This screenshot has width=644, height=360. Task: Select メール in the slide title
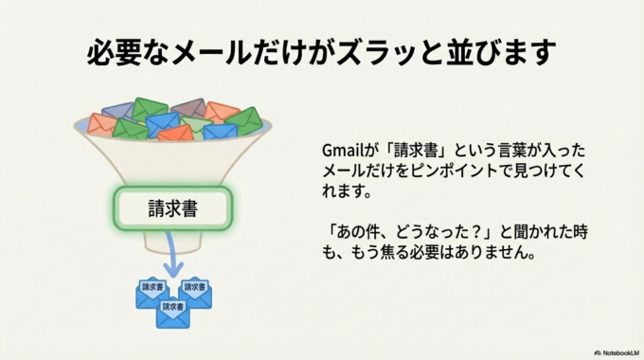point(203,51)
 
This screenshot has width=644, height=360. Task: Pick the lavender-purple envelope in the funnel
point(118,110)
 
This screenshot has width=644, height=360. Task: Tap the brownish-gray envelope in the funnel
point(188,107)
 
